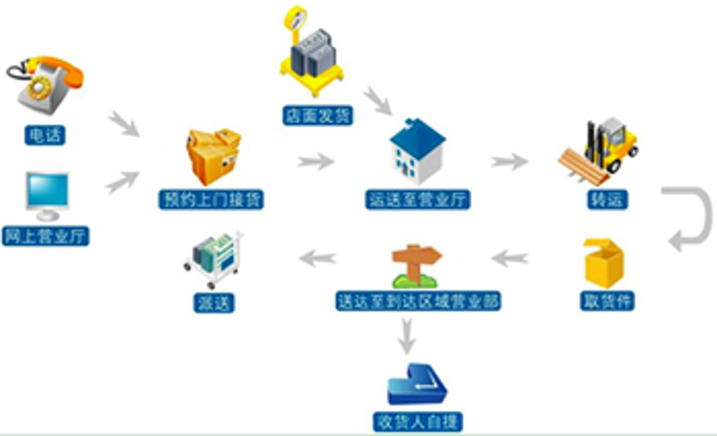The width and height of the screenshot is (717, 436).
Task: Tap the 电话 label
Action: (x=45, y=135)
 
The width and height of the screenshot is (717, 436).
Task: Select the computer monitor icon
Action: (x=48, y=196)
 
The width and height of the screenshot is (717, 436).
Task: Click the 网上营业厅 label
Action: (x=46, y=236)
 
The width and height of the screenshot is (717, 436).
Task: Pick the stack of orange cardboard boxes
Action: (x=213, y=156)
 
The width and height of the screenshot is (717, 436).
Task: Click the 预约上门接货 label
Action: (x=212, y=199)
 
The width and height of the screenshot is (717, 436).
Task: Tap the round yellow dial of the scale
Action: (x=296, y=18)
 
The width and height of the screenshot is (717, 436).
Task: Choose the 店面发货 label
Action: (x=318, y=116)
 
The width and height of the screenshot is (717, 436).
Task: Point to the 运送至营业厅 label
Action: (x=418, y=199)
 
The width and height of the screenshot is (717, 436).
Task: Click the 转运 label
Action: (x=608, y=199)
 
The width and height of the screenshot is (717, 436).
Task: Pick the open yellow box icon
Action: (x=604, y=264)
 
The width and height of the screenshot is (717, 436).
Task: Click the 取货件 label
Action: (x=608, y=301)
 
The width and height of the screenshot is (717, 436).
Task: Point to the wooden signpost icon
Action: (x=416, y=266)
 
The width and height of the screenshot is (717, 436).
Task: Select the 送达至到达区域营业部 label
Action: (x=418, y=301)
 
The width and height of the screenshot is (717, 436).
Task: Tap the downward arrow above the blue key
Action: (x=407, y=336)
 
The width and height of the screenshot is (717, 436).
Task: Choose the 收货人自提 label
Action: (x=418, y=422)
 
